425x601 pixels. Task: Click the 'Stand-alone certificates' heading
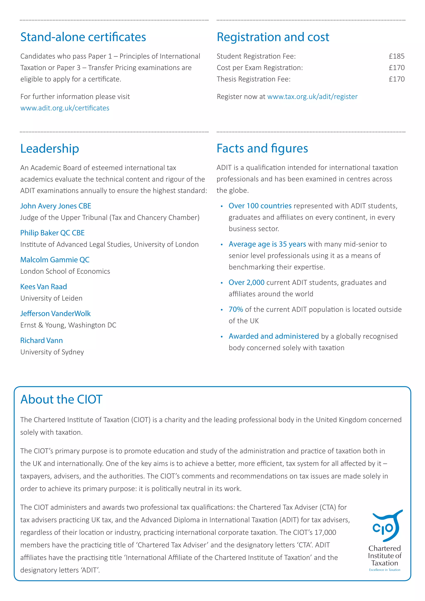point(83,37)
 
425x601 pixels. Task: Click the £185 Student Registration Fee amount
point(397,56)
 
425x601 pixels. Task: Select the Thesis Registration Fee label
point(253,79)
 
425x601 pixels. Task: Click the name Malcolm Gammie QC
point(55,260)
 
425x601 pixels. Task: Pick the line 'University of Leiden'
point(51,298)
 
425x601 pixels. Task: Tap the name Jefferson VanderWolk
point(55,313)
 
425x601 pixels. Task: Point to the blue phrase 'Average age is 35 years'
point(267,244)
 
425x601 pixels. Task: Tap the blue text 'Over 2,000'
point(246,282)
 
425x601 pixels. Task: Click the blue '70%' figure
point(236,309)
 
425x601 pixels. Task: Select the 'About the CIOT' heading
point(61,399)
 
